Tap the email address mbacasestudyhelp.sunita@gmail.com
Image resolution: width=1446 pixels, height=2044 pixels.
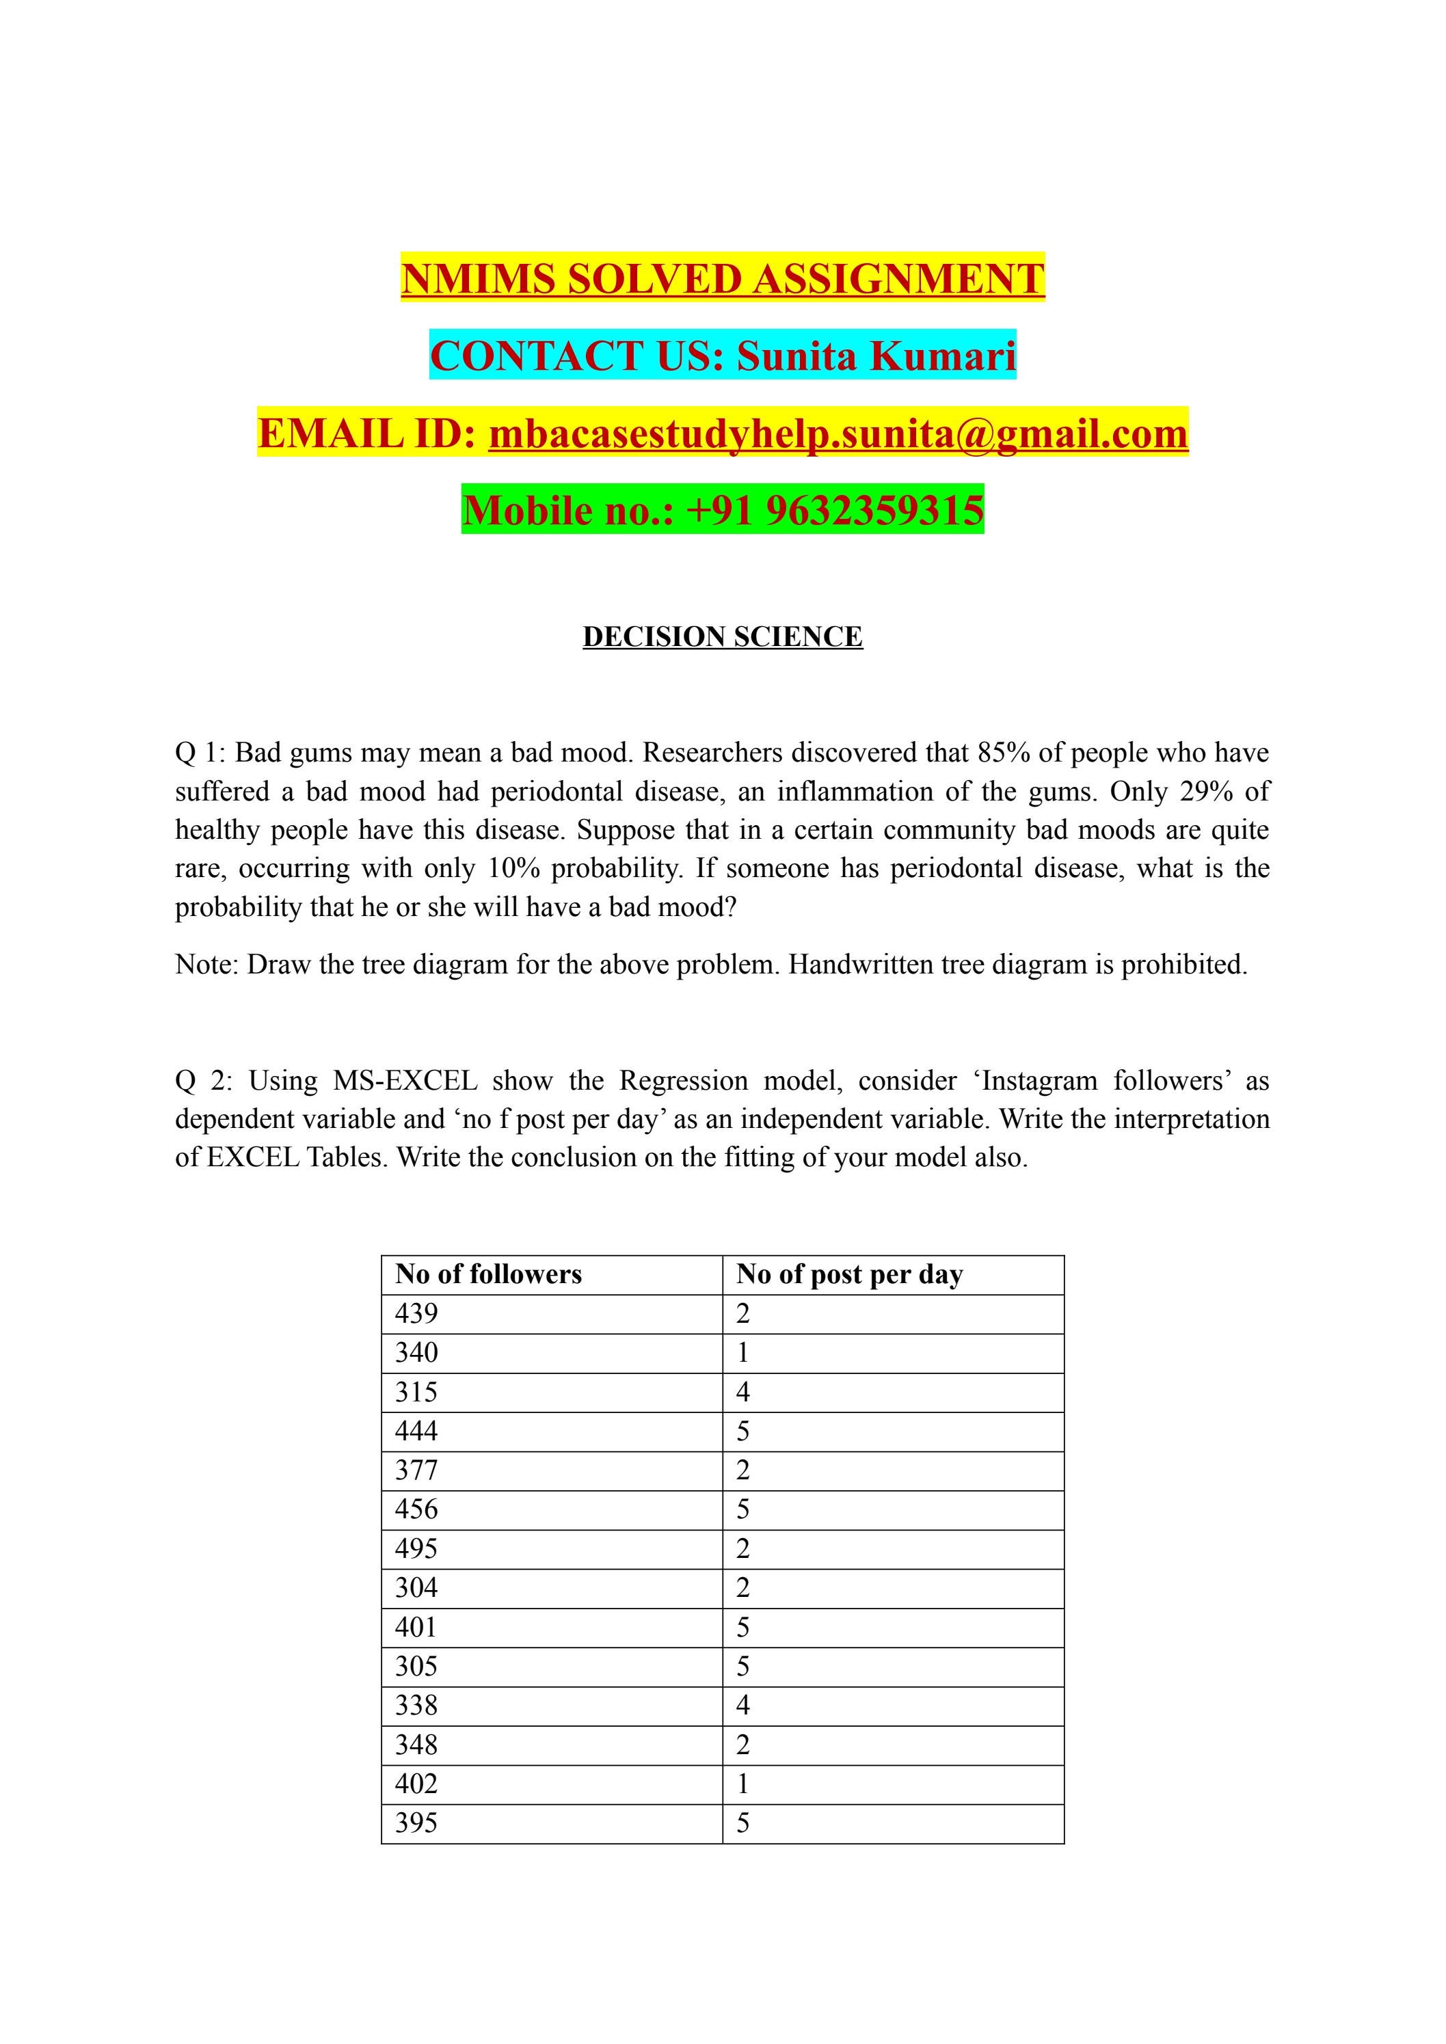point(838,433)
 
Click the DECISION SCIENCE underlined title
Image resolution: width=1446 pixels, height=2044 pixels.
point(722,636)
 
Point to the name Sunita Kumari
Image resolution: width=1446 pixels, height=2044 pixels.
point(876,355)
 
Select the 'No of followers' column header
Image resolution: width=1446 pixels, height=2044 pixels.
point(488,1274)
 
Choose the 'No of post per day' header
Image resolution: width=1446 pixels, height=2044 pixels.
point(849,1274)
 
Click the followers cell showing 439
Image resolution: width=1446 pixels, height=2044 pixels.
point(416,1313)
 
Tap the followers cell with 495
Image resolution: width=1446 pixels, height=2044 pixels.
point(416,1548)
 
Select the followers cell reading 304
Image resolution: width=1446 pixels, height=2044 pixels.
point(416,1587)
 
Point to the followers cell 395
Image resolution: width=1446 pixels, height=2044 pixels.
point(416,1823)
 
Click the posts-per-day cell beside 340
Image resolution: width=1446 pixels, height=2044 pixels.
point(742,1352)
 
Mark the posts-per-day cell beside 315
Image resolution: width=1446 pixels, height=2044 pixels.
point(742,1391)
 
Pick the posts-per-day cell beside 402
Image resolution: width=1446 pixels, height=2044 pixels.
point(742,1783)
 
